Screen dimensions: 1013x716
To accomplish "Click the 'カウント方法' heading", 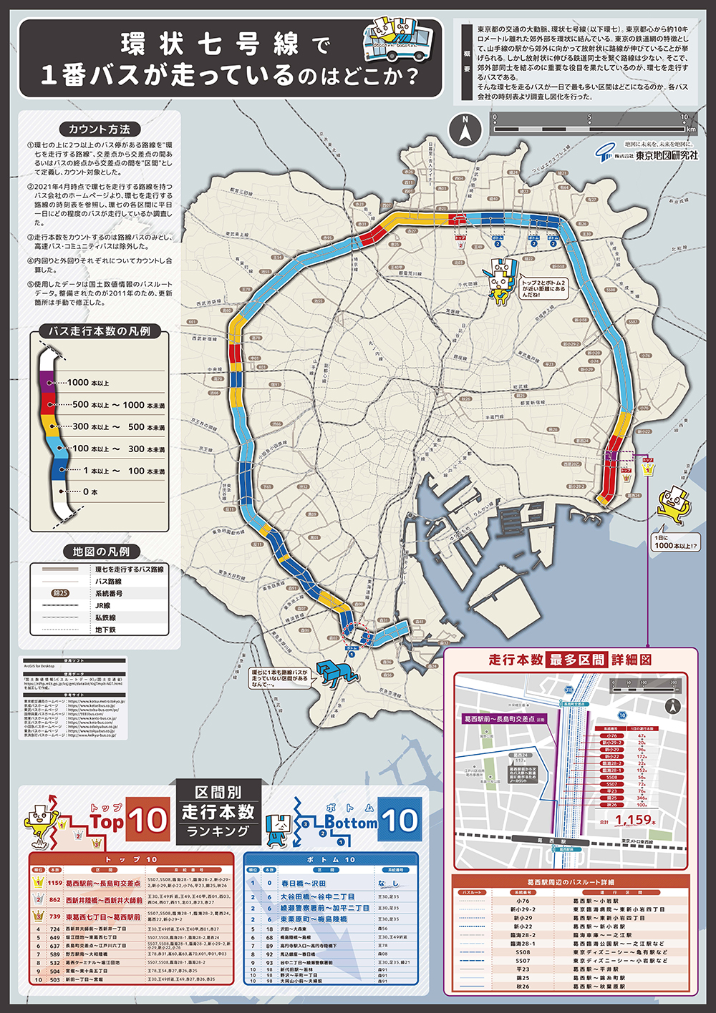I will [x=100, y=129].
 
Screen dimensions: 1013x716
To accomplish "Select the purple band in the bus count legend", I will [x=47, y=378].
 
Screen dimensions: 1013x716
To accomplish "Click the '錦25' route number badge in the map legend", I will [x=61, y=593].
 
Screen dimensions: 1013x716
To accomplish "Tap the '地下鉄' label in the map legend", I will [x=105, y=630].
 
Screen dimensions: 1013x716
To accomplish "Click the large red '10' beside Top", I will [x=148, y=820].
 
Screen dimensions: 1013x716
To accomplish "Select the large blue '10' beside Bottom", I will [x=400, y=820].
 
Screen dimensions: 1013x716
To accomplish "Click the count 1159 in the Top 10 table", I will [x=55, y=883].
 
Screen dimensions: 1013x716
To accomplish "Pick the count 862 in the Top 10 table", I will [x=55, y=899].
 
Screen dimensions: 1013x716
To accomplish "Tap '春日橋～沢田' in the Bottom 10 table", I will [x=304, y=884].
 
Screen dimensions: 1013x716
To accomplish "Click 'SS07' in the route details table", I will [x=523, y=961].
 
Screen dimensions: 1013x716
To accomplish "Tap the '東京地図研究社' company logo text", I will [x=666, y=155].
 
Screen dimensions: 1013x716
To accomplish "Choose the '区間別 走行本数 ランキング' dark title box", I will [x=218, y=812].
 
